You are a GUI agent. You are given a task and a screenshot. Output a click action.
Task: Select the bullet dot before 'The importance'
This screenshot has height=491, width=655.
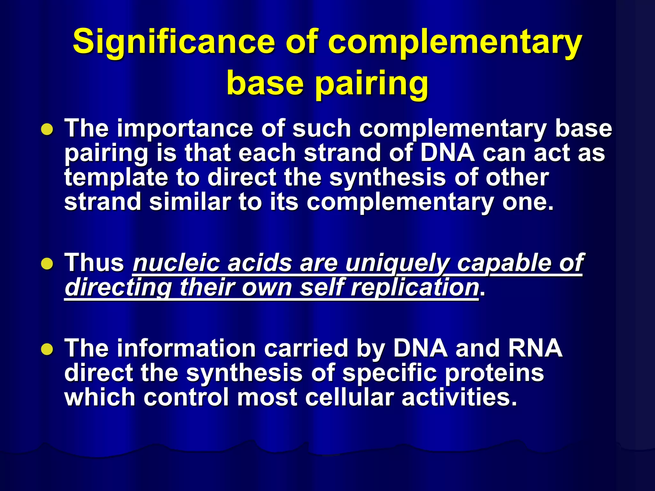click(x=47, y=130)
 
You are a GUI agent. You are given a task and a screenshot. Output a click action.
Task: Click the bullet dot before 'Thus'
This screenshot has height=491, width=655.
click(x=47, y=264)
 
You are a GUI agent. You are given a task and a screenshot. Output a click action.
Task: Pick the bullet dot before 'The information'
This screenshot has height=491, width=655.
click(x=47, y=349)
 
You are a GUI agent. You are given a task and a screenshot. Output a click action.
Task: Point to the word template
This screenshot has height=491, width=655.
click(x=116, y=178)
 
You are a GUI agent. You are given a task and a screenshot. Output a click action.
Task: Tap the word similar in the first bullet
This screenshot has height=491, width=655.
click(x=190, y=202)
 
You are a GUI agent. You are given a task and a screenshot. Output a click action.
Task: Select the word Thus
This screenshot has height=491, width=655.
click(x=95, y=263)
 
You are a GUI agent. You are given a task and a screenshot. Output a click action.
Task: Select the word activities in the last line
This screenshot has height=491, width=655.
click(x=459, y=397)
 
